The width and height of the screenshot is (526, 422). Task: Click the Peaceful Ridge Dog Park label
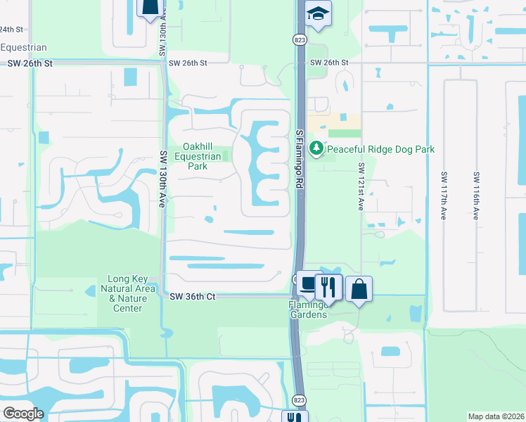380,149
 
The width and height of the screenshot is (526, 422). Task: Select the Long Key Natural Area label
124,289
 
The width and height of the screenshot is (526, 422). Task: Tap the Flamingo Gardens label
308,310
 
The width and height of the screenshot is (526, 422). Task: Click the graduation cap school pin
319,15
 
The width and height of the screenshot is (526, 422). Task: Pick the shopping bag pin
359,288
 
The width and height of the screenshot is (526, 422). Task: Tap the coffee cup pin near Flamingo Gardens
308,284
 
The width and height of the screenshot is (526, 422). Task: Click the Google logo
24,413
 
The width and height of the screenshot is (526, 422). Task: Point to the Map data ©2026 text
496,416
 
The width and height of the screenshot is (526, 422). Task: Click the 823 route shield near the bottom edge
299,399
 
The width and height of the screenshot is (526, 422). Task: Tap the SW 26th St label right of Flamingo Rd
330,63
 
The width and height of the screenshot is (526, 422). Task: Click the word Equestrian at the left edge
23,47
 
